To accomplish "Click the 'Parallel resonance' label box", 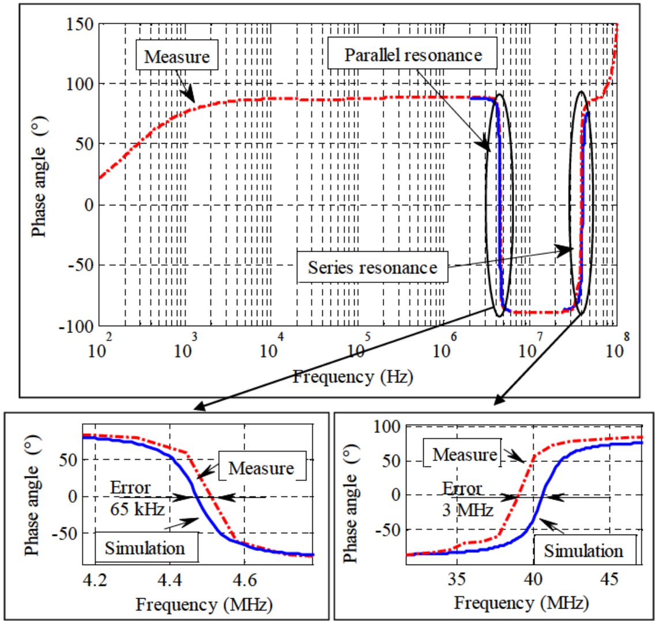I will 413,55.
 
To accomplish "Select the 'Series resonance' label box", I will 372,267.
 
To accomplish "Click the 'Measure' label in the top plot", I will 176,56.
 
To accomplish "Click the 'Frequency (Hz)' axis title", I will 352,377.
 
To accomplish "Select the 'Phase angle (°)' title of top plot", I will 39,176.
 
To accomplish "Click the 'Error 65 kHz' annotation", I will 137,498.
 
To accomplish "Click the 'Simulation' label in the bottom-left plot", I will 145,548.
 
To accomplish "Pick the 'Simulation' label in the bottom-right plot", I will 584,551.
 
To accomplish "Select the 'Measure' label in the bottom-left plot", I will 261,468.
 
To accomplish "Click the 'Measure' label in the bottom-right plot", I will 465,455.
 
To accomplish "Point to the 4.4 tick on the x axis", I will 170,578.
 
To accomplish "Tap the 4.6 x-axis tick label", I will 246,578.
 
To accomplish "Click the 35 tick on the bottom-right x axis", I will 457,577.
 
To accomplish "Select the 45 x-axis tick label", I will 609,577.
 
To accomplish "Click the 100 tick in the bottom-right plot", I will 387,427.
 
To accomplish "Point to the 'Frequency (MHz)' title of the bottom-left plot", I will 204,604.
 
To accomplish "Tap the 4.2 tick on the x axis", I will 95,578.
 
